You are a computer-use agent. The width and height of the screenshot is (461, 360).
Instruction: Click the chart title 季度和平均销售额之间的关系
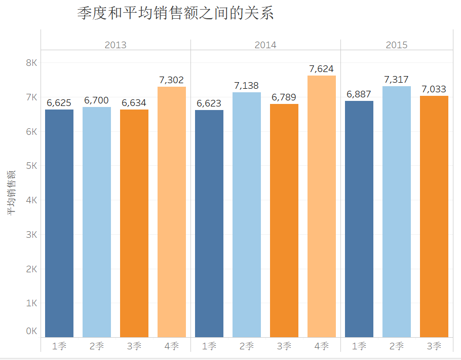[x=175, y=14]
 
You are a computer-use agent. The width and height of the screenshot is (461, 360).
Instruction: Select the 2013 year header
[x=116, y=45]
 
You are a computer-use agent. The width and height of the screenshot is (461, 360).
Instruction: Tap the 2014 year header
[x=265, y=45]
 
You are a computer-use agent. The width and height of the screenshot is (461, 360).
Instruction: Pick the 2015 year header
[x=397, y=45]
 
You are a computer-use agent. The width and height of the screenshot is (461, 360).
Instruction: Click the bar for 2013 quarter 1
[x=59, y=223]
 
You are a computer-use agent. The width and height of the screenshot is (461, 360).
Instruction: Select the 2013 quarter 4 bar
[x=172, y=212]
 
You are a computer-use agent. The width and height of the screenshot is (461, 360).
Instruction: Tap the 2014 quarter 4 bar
[x=322, y=206]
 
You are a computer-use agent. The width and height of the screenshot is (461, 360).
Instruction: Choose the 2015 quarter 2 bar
[x=397, y=211]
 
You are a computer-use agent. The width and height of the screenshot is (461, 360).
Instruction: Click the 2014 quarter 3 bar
[x=284, y=221]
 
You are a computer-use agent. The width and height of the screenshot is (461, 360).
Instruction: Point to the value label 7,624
[x=322, y=69]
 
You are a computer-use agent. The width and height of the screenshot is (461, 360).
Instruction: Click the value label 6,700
[x=97, y=100]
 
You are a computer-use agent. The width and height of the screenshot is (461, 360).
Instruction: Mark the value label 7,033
[x=434, y=89]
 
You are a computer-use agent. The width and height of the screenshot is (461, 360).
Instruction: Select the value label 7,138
[x=247, y=86]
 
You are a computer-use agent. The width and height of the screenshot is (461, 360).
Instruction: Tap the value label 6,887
[x=359, y=94]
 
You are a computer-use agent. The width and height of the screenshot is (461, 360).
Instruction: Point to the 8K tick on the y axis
[x=32, y=63]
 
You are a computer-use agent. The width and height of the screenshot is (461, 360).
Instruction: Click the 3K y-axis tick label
[x=32, y=235]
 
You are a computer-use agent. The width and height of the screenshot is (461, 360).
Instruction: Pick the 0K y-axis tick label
[x=32, y=331]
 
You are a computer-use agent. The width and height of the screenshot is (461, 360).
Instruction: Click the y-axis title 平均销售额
[x=11, y=193]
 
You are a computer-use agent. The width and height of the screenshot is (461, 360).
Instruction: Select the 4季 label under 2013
[x=172, y=346]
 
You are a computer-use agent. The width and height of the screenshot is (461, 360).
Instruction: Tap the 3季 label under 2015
[x=434, y=346]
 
